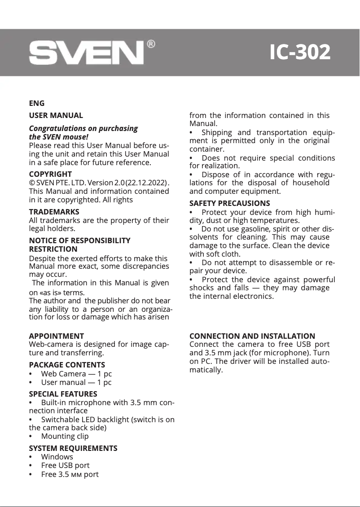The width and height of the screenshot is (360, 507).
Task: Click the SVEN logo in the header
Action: (86, 53)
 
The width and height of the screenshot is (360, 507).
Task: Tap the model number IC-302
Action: (300, 52)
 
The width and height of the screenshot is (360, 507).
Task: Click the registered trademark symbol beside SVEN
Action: (151, 44)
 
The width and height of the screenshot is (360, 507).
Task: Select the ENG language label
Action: (36, 104)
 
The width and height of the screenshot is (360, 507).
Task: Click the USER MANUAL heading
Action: (56, 116)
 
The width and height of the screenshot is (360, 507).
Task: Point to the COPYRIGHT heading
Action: (50, 174)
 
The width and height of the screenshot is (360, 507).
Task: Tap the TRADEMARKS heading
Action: (54, 212)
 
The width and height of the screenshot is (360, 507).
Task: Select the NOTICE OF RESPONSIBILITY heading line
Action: (79, 241)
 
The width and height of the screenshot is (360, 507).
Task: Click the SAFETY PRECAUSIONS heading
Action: (230, 204)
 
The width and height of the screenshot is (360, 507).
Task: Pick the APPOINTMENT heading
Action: (56, 336)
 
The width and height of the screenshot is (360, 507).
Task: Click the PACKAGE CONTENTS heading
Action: (67, 365)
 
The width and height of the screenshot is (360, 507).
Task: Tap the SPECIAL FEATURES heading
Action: (63, 394)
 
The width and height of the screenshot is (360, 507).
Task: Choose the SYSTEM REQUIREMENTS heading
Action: (73, 448)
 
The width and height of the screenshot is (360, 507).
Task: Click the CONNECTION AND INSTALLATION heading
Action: (252, 336)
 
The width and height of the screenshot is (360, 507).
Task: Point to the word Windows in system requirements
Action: (57, 457)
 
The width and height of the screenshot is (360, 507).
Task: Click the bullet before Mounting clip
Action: (31, 436)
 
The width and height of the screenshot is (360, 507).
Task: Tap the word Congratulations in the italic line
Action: (57, 128)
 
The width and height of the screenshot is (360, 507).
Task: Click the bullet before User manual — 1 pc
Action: (31, 382)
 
